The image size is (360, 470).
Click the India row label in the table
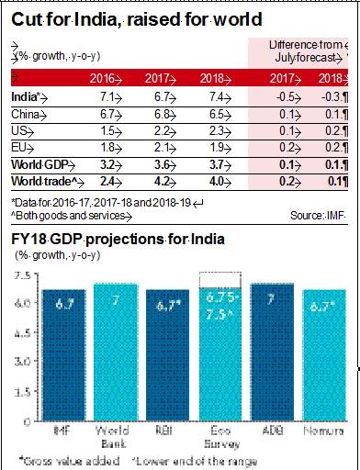[x=24, y=95]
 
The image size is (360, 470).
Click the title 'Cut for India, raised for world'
[x=133, y=18]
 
